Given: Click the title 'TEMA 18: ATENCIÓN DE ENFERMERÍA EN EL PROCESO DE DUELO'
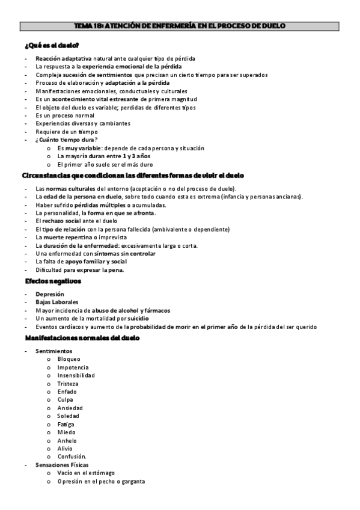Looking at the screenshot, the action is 179,26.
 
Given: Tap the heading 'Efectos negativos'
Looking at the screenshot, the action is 53,281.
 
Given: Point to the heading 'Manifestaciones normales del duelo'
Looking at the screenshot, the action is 82,339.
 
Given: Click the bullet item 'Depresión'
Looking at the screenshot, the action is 50,294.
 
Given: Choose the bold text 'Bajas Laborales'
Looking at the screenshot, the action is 56,302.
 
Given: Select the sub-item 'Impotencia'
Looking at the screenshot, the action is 73,367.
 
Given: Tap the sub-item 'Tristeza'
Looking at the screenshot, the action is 68,384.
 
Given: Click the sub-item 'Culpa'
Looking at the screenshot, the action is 66,400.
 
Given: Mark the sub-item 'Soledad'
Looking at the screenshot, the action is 69,416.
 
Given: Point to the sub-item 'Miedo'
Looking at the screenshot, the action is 67,432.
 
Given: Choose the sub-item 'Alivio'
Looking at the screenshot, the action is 65,449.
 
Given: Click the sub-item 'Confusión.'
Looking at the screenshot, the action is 72,456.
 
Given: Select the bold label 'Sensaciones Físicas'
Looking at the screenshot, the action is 62,465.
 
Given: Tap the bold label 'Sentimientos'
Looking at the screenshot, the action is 53,351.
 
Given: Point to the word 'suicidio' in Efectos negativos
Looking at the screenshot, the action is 138,318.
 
